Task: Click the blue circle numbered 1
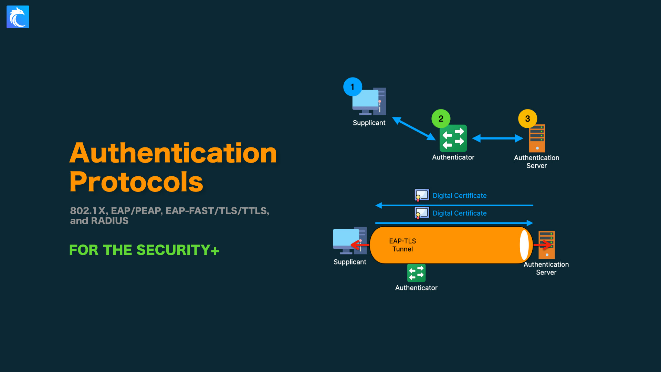[x=353, y=87]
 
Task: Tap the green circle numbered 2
[x=441, y=118]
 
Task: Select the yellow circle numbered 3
[x=527, y=118]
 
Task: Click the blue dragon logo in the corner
[x=18, y=17]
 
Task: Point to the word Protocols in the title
[x=136, y=182]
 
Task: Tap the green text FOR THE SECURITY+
[x=144, y=250]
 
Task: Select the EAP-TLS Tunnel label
[x=402, y=245]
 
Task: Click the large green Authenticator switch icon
[x=453, y=138]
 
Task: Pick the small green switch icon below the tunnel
[x=416, y=273]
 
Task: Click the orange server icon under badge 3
[x=537, y=138]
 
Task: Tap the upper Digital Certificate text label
[x=459, y=196]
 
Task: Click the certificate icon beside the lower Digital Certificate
[x=422, y=213]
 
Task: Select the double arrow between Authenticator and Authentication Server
[x=497, y=138]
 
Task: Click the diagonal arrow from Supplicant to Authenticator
[x=414, y=128]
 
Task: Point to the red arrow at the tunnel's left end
[x=359, y=245]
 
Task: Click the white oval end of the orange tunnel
[x=524, y=245]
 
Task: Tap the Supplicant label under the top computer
[x=369, y=123]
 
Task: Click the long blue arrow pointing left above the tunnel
[x=454, y=206]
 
